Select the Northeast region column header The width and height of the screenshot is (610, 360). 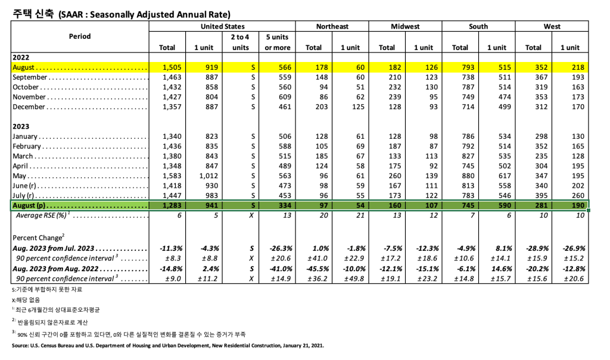[x=332, y=26]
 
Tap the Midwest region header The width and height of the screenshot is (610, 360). [x=405, y=26]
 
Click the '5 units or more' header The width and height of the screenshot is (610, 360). [x=278, y=42]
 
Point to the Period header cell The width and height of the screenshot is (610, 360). [x=80, y=36]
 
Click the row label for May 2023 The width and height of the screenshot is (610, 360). [x=20, y=176]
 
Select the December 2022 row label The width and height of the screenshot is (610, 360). [x=29, y=107]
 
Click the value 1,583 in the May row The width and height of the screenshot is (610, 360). [x=172, y=176]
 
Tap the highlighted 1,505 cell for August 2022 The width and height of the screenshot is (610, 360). [x=172, y=68]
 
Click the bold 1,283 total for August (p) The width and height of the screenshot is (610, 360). [x=172, y=206]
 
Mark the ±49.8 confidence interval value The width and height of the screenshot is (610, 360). [x=353, y=278]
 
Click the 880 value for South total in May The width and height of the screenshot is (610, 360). [x=462, y=176]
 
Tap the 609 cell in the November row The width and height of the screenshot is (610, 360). [x=284, y=97]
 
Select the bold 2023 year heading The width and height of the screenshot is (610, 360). [x=20, y=126]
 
